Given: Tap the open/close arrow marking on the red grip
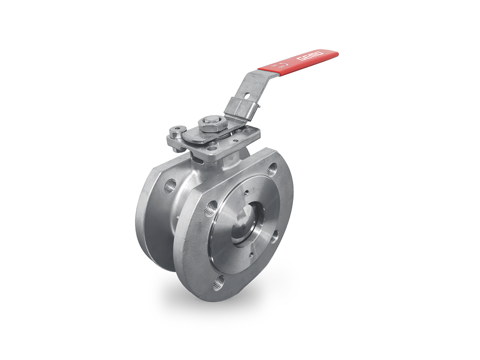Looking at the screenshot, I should (284, 65).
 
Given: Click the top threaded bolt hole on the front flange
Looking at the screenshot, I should (272, 168).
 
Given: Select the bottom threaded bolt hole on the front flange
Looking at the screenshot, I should (218, 285).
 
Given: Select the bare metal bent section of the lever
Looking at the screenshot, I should (250, 80).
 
